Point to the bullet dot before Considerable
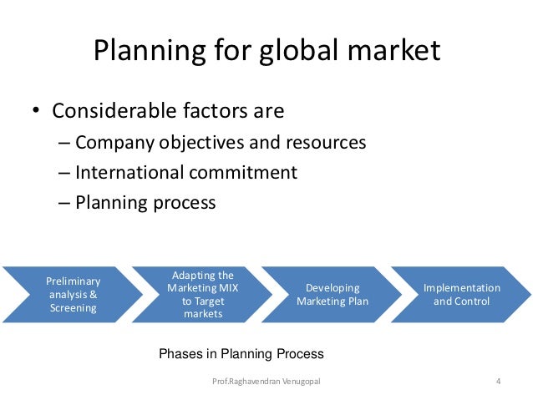[x=37, y=112]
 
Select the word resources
[x=327, y=143]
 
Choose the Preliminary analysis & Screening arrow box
[x=73, y=295]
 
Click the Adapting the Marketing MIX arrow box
[x=202, y=295]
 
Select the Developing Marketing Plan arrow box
[x=332, y=295]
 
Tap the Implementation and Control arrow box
[x=461, y=295]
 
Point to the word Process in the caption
[x=301, y=354]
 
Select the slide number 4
[x=498, y=382]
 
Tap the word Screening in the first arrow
[x=73, y=307]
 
